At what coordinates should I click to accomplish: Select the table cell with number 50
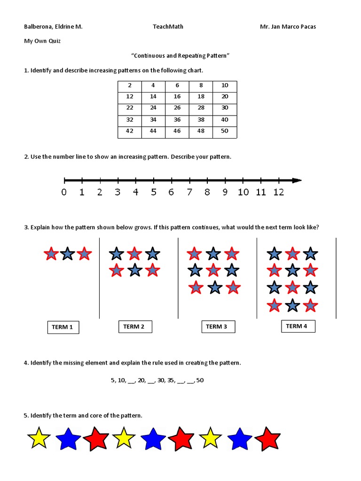[x=225, y=131]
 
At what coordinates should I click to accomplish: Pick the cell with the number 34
[x=153, y=120]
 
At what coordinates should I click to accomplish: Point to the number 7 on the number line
[x=189, y=192]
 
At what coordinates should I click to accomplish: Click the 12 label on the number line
[x=279, y=192]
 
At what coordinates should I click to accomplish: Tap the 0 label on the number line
[x=64, y=192]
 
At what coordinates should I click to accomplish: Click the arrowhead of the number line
[x=297, y=180]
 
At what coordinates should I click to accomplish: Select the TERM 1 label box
[x=63, y=327]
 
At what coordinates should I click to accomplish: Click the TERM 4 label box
[x=298, y=326]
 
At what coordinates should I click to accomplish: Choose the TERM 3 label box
[x=217, y=326]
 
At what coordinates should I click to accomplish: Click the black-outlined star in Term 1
[x=68, y=254]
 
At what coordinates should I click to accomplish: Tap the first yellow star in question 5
[x=39, y=438]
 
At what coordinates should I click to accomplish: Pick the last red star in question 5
[x=268, y=439]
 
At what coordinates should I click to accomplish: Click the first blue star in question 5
[x=69, y=439]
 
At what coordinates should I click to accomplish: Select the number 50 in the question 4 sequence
[x=200, y=380]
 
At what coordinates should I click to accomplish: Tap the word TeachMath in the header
[x=168, y=27]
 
